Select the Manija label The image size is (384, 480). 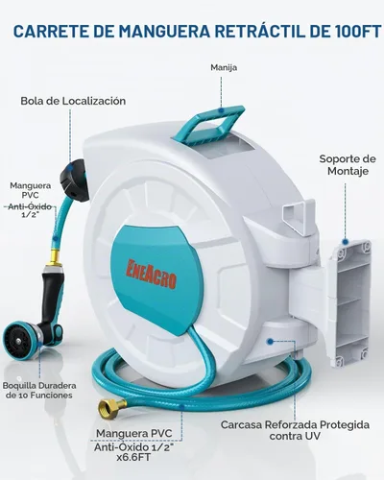tap(224, 67)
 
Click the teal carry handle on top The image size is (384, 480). tap(212, 125)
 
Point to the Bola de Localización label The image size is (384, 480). tap(73, 101)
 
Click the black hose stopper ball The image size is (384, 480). tap(74, 180)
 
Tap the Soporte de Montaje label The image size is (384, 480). tap(348, 164)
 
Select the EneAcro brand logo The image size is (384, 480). tap(151, 274)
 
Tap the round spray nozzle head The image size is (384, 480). tap(22, 338)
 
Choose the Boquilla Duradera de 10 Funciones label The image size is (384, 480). tap(39, 390)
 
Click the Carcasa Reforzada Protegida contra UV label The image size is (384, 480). tap(295, 430)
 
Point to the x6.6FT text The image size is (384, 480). tap(133, 458)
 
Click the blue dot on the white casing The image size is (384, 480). tap(270, 342)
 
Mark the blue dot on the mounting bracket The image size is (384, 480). tap(345, 242)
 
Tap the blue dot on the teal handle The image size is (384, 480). tap(221, 110)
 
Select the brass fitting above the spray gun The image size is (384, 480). tap(55, 257)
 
